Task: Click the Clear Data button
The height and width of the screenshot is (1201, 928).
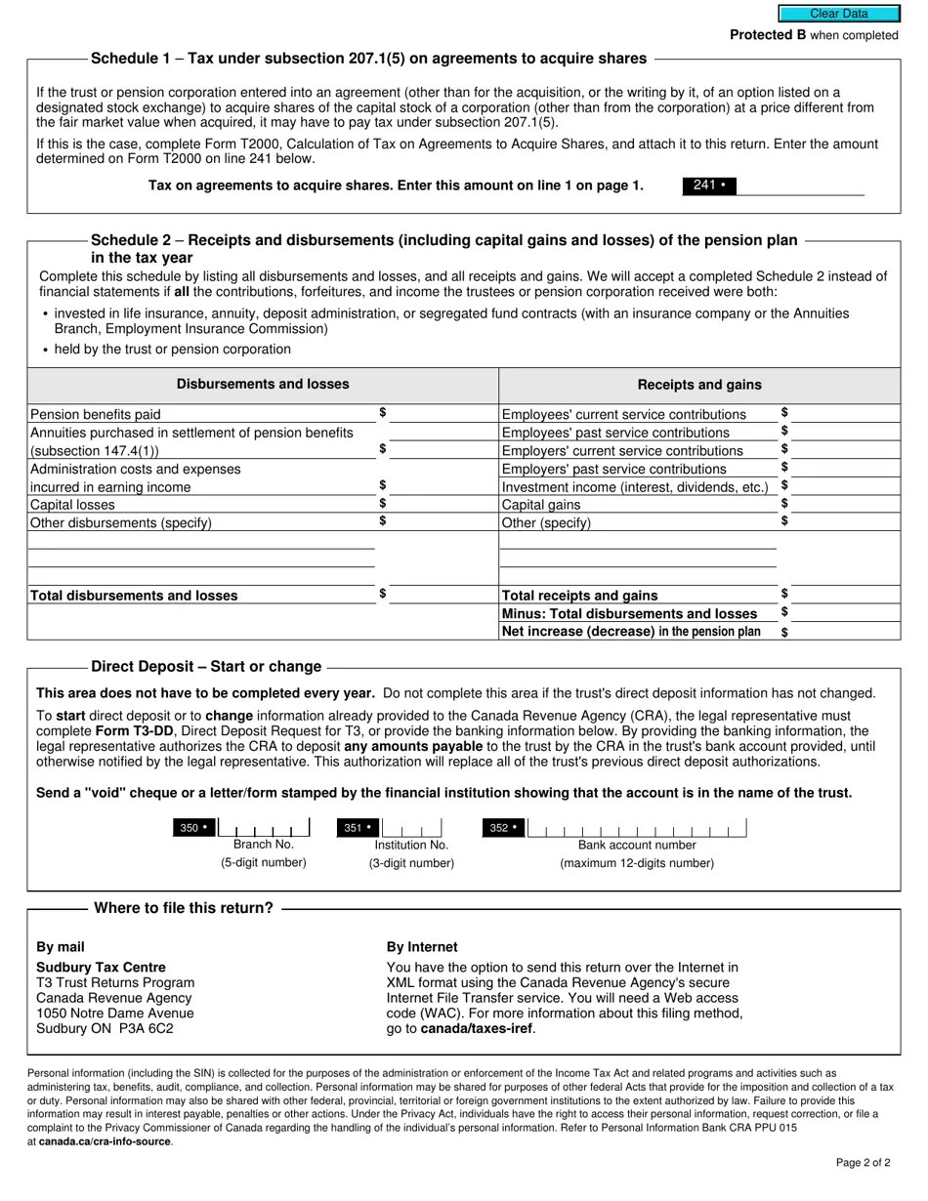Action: (838, 14)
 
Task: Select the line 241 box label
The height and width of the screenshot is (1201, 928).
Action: (708, 186)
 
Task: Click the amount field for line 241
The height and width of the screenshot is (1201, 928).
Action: (800, 186)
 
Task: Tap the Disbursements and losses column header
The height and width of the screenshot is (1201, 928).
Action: (263, 385)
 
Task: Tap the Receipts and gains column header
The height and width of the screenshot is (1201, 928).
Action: (699, 385)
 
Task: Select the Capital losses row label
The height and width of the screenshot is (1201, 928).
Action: (73, 505)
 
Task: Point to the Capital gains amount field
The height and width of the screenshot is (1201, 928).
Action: (844, 504)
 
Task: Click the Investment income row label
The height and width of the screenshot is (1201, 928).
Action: (635, 487)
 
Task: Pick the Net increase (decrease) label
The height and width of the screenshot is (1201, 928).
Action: (630, 632)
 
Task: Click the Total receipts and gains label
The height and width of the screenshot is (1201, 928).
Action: (579, 596)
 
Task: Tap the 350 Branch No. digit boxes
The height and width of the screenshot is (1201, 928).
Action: (264, 828)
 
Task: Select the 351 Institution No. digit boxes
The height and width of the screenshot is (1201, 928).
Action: (411, 828)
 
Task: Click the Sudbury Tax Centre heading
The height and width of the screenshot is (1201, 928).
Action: (101, 968)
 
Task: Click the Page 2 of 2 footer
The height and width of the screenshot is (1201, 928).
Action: (863, 1163)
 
